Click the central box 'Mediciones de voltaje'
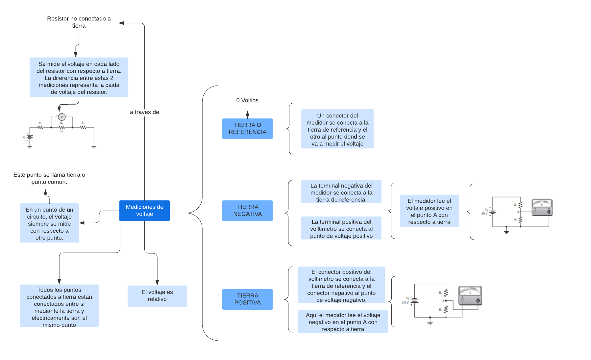144,211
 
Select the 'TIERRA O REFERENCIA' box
247,129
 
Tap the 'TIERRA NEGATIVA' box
247,211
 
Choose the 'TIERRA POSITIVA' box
247,299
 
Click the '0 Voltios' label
247,100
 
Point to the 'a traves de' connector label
144,112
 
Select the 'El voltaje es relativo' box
157,296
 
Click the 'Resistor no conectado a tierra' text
79,22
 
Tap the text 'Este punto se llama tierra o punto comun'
49,178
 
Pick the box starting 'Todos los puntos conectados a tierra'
59,306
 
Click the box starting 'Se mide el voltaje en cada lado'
79,77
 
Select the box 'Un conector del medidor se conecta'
337,129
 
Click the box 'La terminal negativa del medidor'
341,192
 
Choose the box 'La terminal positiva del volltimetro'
341,228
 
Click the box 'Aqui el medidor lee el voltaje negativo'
343,322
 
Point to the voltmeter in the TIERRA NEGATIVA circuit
542,207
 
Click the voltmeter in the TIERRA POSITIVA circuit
470,296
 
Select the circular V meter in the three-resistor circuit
62,117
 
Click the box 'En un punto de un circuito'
49,223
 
